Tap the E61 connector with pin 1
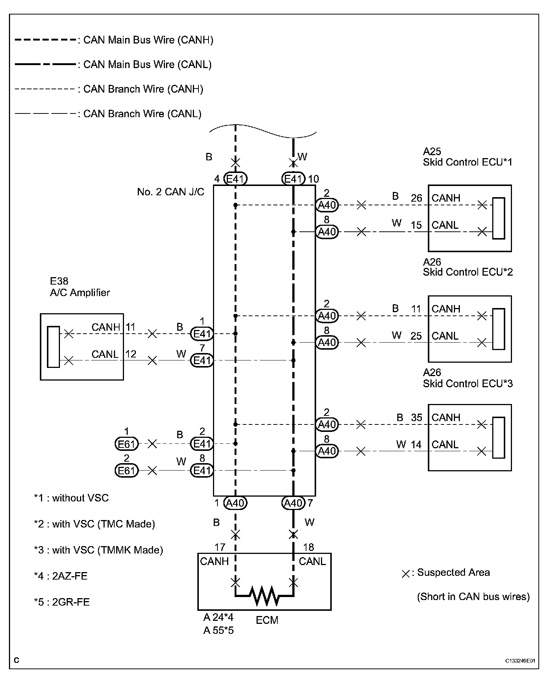coord(127,444)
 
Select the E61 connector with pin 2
coord(127,471)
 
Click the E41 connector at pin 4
coord(235,179)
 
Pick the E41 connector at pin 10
coord(293,179)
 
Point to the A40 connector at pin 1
coord(235,503)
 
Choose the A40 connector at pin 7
coord(293,503)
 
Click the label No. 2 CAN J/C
coord(171,192)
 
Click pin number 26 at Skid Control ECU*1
coord(416,198)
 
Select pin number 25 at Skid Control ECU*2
coord(416,336)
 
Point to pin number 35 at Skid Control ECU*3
coord(417,417)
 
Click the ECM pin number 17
coord(220,547)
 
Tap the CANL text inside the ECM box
coord(312,561)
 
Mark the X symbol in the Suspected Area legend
coord(406,574)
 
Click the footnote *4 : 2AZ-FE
coord(61,576)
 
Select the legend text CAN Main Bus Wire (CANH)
coord(148,40)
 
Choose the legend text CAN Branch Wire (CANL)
coord(142,113)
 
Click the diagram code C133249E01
coord(520,661)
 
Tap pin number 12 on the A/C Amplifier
coord(131,354)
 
